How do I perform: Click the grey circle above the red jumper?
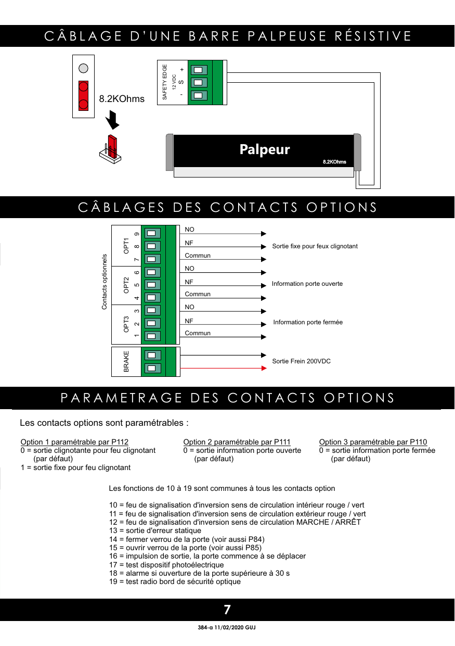(83, 68)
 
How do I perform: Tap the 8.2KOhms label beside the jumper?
(122, 99)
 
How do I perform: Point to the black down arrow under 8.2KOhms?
(112, 120)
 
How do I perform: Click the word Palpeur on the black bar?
(265, 149)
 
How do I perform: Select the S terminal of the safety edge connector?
(198, 82)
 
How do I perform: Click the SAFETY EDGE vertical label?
(164, 82)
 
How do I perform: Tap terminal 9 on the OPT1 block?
(152, 233)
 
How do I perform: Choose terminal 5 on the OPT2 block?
(152, 285)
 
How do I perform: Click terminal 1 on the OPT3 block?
(152, 336)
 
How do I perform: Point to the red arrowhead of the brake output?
(264, 368)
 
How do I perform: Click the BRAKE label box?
(126, 362)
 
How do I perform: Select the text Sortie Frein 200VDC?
(301, 361)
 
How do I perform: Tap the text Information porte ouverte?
(307, 284)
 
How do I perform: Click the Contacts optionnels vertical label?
(104, 282)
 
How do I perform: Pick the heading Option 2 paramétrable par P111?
(237, 442)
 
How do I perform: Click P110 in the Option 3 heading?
(418, 442)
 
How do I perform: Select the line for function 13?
(155, 530)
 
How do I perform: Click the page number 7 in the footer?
(227, 610)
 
